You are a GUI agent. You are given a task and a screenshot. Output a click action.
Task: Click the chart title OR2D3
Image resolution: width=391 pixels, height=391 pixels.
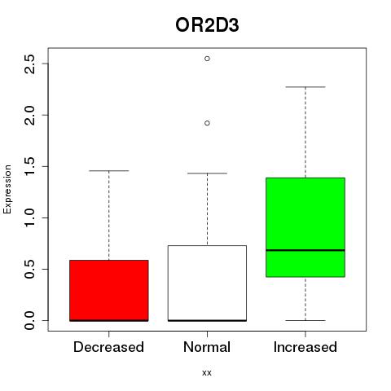(207, 25)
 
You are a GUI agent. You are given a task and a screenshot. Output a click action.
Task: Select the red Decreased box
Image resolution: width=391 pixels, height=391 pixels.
(109, 291)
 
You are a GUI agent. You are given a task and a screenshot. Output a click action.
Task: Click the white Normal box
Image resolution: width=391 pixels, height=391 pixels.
(207, 283)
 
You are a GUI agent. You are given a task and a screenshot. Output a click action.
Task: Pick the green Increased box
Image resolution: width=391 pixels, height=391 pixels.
(305, 227)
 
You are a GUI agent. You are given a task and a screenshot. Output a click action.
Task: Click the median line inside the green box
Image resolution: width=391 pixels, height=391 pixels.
(305, 250)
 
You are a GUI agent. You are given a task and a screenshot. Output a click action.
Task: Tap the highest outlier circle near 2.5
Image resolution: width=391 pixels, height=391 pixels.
(207, 59)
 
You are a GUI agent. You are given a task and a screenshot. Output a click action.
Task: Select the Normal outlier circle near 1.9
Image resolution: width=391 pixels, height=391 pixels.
(207, 123)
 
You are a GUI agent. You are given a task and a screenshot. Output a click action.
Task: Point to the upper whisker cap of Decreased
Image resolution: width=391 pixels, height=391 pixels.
(109, 171)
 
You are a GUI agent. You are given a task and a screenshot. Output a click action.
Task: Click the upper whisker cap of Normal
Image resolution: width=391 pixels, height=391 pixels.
(207, 174)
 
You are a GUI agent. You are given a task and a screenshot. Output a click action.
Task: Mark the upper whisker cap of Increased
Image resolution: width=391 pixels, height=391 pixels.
(305, 87)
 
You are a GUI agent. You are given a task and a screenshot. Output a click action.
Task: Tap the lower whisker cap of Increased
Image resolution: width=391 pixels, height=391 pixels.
(305, 320)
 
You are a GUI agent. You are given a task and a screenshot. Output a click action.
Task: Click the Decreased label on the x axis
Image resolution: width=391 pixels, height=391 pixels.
(108, 347)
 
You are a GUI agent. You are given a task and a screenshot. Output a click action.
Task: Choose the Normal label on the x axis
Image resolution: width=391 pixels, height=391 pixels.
(207, 347)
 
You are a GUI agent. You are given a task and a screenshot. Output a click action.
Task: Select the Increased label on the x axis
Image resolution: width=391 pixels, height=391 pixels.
(305, 347)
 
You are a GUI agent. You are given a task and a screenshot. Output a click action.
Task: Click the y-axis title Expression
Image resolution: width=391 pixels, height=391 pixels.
(7, 189)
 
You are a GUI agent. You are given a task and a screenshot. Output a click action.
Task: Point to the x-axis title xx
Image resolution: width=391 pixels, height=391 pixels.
(207, 373)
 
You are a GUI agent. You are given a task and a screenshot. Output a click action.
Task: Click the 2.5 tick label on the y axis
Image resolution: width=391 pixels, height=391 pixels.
(29, 64)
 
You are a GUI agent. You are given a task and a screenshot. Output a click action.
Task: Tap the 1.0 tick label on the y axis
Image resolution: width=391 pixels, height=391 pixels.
(29, 217)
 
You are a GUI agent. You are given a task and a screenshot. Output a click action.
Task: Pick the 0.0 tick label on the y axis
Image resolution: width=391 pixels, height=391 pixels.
(29, 320)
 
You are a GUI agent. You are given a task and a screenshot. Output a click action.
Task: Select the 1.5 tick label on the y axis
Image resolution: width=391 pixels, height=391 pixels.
(29, 166)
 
